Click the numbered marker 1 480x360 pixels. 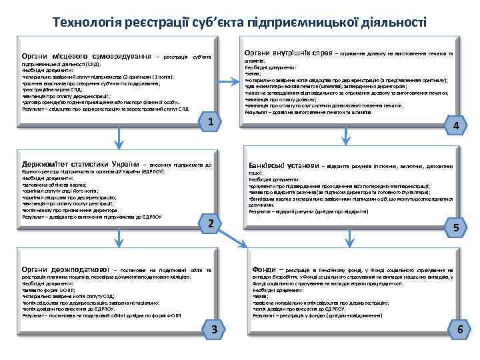pyautogui.click(x=210, y=122)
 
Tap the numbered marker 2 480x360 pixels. pyautogui.click(x=210, y=224)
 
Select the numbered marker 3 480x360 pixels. pyautogui.click(x=213, y=329)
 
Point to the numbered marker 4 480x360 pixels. pyautogui.click(x=455, y=126)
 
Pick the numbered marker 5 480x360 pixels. pyautogui.click(x=456, y=227)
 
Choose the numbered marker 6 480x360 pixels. pyautogui.click(x=458, y=329)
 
